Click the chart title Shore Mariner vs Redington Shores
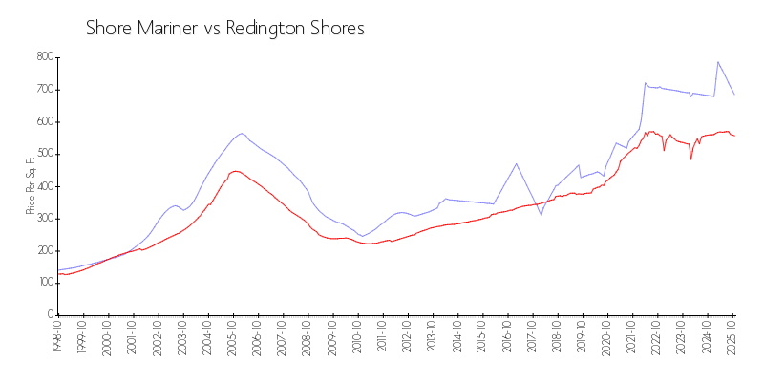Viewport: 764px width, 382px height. coord(225,29)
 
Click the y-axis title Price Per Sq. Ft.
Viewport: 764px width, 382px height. coord(31,185)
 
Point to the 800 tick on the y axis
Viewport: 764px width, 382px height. coord(44,57)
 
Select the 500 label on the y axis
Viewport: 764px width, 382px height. coord(44,154)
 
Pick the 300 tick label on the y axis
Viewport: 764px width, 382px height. coord(44,218)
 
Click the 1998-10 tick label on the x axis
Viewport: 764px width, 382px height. coord(58,338)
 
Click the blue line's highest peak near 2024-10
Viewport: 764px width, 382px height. coord(717,62)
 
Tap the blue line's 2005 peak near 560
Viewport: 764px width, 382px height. coord(242,133)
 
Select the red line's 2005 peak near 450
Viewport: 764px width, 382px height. coord(235,171)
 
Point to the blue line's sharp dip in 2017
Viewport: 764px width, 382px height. coord(541,215)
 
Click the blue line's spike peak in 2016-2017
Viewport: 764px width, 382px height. coord(517,163)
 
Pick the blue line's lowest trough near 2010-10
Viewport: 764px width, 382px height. coord(363,236)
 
